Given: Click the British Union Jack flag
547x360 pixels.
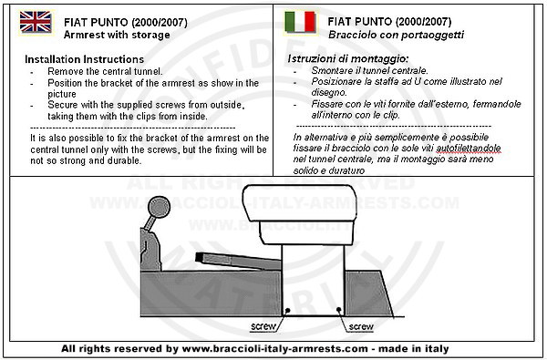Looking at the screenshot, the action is click(x=36, y=22).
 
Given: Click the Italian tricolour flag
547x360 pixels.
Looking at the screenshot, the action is click(x=300, y=22).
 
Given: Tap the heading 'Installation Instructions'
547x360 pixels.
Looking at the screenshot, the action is click(x=85, y=59).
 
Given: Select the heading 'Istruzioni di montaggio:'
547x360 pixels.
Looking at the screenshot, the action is click(x=348, y=58).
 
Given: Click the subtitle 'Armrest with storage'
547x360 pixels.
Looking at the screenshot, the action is click(x=117, y=35).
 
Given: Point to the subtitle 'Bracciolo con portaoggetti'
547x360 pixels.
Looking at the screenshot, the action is click(x=396, y=35).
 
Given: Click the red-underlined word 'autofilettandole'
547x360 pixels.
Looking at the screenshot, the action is click(x=469, y=149).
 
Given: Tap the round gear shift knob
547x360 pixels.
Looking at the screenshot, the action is click(x=159, y=207).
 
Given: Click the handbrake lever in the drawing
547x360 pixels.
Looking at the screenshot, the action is click(x=238, y=262).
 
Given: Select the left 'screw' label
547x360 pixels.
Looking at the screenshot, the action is click(x=263, y=326).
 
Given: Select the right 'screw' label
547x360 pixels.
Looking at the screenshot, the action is click(x=361, y=326).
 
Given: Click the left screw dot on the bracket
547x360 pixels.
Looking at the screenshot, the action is click(x=288, y=310).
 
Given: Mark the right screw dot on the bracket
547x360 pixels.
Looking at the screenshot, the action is click(x=338, y=310).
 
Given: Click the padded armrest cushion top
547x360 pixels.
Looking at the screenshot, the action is click(x=300, y=203).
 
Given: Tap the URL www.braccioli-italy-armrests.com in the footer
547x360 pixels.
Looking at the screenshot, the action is click(x=275, y=348).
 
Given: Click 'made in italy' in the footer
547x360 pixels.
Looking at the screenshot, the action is click(x=414, y=348).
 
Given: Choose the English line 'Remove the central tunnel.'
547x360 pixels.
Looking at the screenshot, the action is click(x=105, y=71).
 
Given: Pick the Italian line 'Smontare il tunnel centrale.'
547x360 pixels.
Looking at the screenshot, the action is click(x=369, y=70).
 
